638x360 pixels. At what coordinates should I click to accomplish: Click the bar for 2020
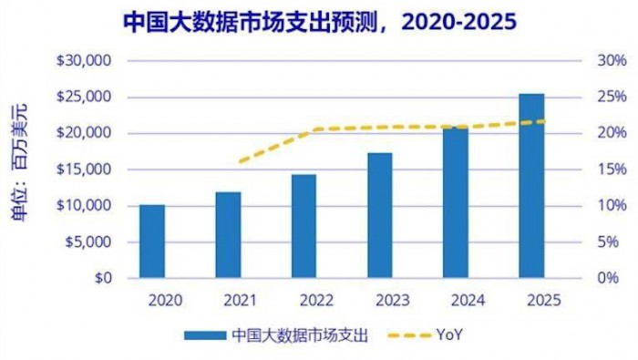coord(152,242)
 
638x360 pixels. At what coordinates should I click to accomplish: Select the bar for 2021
coord(228,235)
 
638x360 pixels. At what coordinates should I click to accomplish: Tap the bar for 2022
coord(304,226)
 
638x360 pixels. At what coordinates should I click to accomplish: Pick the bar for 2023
coord(380,215)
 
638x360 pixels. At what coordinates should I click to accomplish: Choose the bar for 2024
coord(456,202)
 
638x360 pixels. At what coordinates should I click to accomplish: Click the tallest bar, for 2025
coord(531,186)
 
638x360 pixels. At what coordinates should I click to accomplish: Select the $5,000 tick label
coord(87,242)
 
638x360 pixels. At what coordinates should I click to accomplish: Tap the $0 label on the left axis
coord(103,278)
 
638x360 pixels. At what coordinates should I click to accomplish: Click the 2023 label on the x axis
coord(380,300)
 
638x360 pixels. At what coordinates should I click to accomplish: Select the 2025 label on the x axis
coord(531,300)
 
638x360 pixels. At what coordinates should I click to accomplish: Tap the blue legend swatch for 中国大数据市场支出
coord(204,334)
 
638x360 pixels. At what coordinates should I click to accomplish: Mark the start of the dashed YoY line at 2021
coord(239,162)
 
